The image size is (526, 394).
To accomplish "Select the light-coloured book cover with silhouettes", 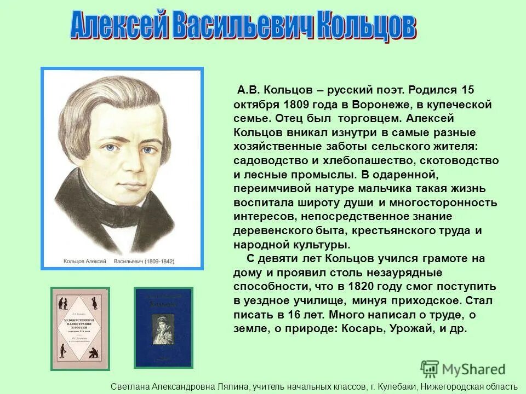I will point(80,328).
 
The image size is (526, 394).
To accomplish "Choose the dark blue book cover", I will point(163,327).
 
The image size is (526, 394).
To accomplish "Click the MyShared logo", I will point(463,369).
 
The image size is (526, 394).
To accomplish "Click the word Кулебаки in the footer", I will point(397,386).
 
